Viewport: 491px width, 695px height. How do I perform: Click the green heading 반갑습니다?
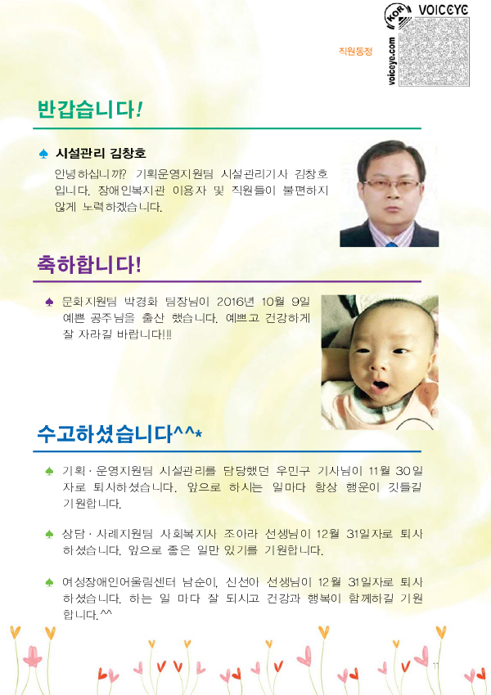click(x=89, y=109)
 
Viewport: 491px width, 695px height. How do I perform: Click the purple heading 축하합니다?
click(x=89, y=264)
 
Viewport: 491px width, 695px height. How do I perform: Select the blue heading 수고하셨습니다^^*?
click(x=119, y=433)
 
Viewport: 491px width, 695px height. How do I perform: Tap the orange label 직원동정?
click(x=355, y=51)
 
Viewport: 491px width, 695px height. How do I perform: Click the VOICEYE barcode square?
click(x=434, y=51)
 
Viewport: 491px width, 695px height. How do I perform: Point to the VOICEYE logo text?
click(x=444, y=9)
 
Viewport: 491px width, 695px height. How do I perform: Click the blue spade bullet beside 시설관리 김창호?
click(x=43, y=154)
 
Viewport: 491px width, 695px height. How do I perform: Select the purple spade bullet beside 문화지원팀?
click(x=49, y=302)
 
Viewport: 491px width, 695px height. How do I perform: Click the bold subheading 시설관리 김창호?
click(x=100, y=154)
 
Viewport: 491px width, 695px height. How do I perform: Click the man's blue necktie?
click(x=391, y=244)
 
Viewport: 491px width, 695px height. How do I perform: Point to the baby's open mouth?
click(x=380, y=386)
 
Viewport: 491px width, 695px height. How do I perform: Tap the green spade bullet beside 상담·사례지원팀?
click(x=49, y=534)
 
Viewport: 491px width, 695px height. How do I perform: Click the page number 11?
click(x=435, y=666)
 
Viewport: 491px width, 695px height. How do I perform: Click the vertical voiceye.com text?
click(x=391, y=61)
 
